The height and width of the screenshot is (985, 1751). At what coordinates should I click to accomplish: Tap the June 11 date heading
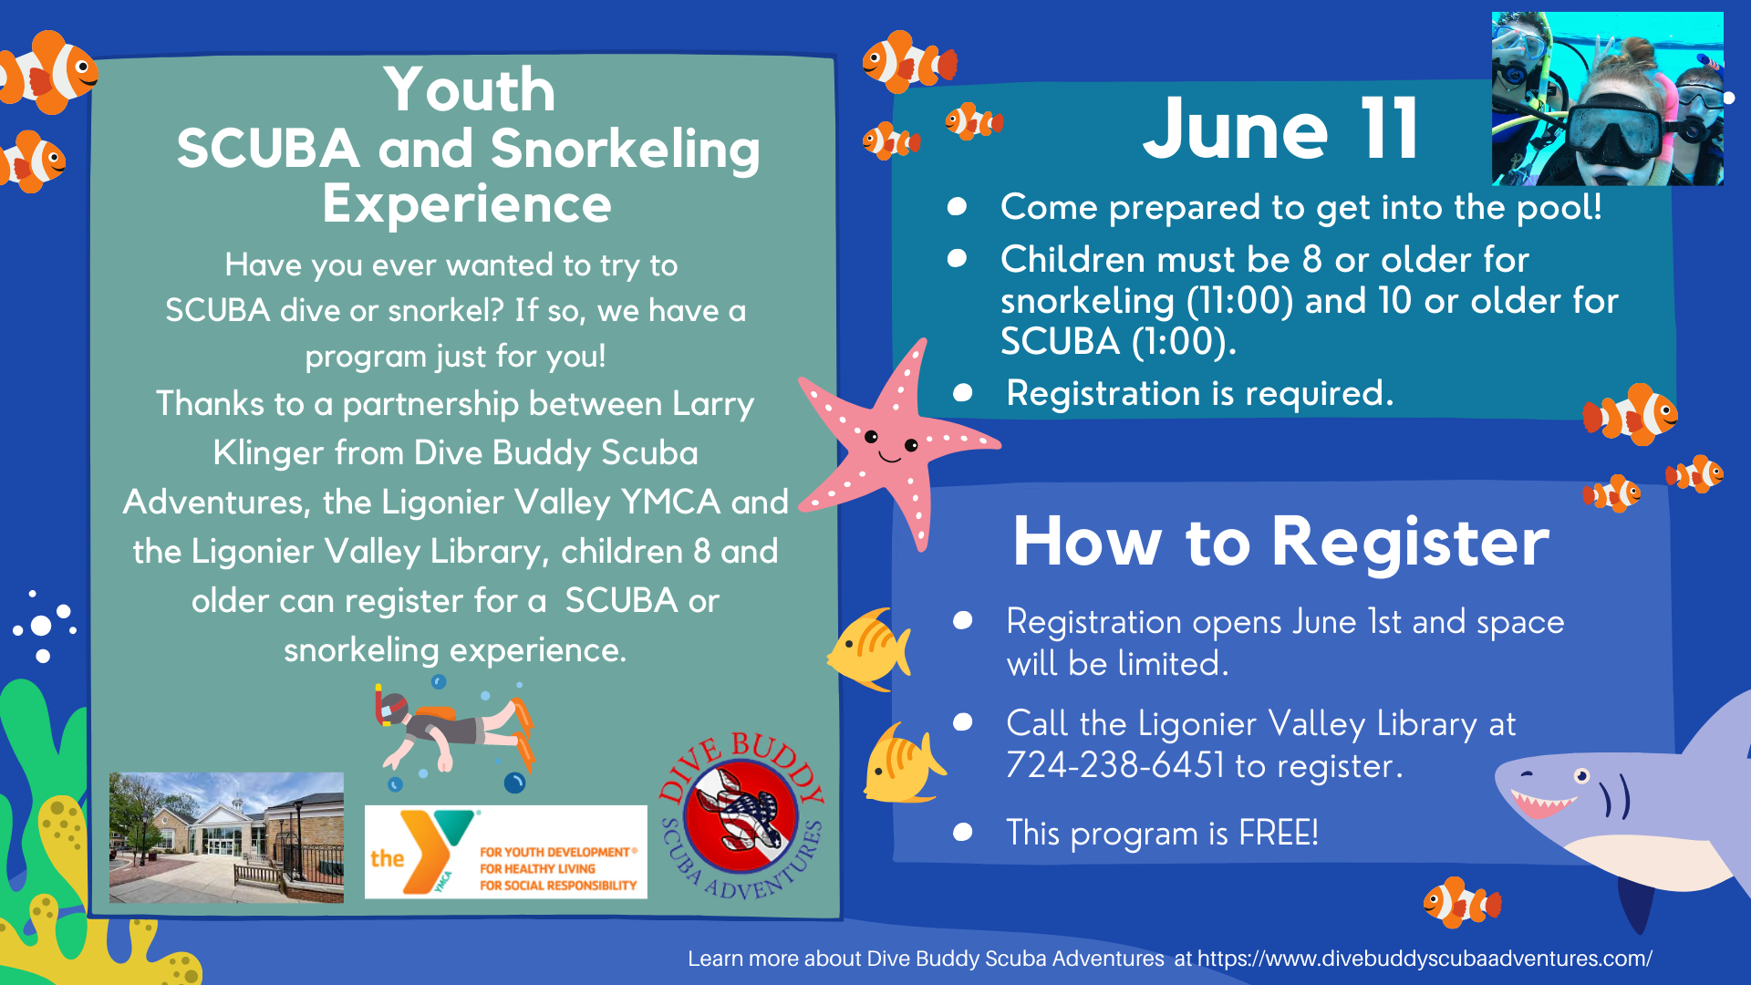[x=1280, y=129]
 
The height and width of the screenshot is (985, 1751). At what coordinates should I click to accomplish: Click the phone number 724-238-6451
[x=1115, y=765]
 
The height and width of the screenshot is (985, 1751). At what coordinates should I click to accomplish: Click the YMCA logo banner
[x=506, y=852]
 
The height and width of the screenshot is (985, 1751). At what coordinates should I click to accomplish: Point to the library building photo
[x=226, y=837]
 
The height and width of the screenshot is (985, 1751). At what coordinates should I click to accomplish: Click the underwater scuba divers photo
[x=1607, y=98]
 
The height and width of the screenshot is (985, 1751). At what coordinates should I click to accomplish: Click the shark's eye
[x=1581, y=776]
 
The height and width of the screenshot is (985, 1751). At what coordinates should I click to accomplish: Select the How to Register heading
[x=1280, y=542]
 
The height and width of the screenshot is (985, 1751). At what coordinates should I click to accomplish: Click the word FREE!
[x=1279, y=833]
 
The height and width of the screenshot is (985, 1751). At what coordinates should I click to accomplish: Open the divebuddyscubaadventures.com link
[x=1425, y=959]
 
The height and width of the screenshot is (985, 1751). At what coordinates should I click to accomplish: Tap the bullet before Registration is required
[x=962, y=393]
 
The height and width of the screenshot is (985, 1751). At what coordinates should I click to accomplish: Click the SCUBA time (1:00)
[x=1184, y=342]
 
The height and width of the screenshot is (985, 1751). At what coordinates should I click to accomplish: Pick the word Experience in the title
[x=467, y=204]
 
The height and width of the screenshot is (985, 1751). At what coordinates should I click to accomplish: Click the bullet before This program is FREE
[x=962, y=832]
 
